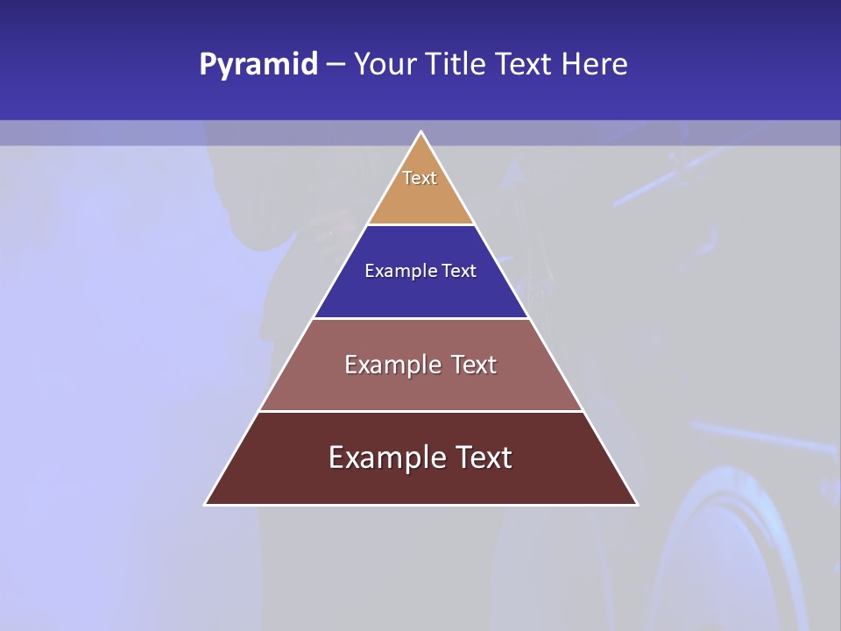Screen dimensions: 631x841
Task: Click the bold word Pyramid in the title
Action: (x=258, y=65)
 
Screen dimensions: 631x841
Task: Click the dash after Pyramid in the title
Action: (x=336, y=65)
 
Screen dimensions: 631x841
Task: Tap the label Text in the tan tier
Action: (x=420, y=178)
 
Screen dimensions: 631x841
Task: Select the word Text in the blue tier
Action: (x=459, y=271)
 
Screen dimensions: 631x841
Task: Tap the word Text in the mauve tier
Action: (x=473, y=365)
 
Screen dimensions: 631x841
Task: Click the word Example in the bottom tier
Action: (x=384, y=457)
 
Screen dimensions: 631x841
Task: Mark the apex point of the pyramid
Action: (x=420, y=132)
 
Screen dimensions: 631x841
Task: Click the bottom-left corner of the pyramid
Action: (x=206, y=504)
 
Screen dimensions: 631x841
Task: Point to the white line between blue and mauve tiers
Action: (x=420, y=318)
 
